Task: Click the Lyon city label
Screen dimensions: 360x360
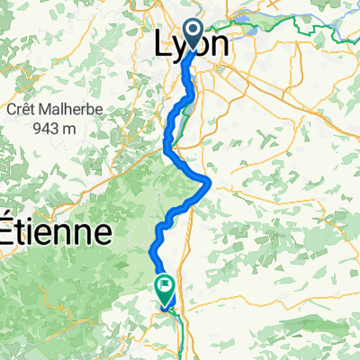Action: pos(192,45)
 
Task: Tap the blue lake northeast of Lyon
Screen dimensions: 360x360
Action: pos(247,27)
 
